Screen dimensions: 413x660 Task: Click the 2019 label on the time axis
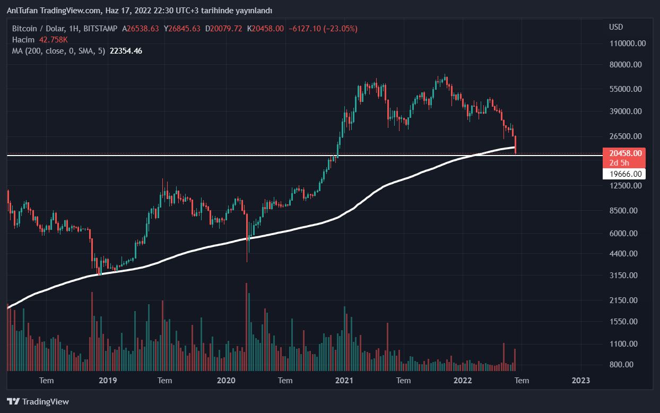pyautogui.click(x=108, y=380)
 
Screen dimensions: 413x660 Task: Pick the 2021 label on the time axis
pyautogui.click(x=345, y=380)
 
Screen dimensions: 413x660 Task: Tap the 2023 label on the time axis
pyautogui.click(x=581, y=380)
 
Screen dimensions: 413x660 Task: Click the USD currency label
pyautogui.click(x=616, y=27)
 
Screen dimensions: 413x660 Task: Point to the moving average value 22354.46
pyautogui.click(x=126, y=51)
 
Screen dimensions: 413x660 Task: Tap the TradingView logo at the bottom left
pyautogui.click(x=38, y=402)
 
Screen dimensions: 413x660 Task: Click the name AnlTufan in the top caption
pyautogui.click(x=22, y=11)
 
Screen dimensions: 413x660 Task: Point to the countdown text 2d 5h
pyautogui.click(x=619, y=163)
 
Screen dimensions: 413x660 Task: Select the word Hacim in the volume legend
pyautogui.click(x=23, y=40)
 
